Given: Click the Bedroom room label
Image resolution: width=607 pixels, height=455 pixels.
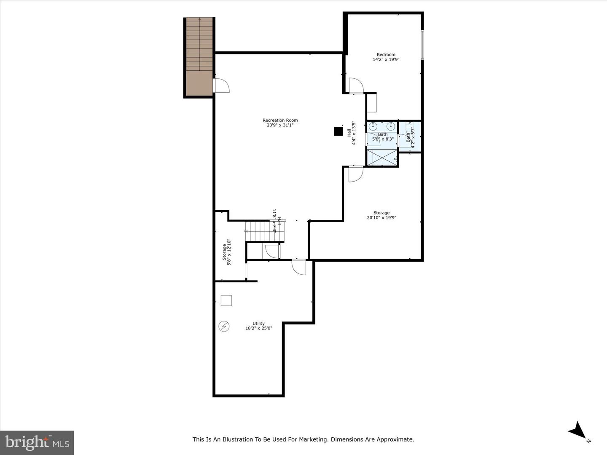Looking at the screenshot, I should [386, 54].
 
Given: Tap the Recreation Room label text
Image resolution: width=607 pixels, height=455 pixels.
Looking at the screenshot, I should [280, 120].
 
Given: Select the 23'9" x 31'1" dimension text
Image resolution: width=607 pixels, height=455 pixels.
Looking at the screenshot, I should [280, 125].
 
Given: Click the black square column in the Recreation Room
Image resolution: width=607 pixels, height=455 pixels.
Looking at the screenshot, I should [338, 131].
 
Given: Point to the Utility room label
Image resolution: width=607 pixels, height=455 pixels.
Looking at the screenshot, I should [259, 324].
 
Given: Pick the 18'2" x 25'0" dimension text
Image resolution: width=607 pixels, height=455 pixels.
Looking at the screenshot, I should [259, 328].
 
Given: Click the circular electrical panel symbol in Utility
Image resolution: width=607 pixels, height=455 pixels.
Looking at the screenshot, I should [224, 327].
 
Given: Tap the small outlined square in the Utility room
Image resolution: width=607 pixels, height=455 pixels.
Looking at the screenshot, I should [226, 300].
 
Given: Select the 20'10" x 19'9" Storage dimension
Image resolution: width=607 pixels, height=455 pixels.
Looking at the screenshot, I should [381, 218].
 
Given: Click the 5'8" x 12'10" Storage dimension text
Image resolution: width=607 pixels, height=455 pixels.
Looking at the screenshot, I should [229, 252].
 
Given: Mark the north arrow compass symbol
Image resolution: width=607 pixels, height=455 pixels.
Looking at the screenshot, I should [577, 430].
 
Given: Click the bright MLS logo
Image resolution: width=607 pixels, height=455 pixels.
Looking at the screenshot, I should [37, 442].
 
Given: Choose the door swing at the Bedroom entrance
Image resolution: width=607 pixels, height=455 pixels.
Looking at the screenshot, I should [356, 86].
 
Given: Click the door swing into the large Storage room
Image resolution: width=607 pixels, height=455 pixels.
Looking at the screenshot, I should [355, 174].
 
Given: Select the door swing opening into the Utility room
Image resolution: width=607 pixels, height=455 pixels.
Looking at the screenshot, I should [299, 267].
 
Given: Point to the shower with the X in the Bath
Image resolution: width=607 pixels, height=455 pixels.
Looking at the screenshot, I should [382, 157].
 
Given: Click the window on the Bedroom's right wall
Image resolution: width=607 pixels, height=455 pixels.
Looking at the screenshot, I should [422, 44].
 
